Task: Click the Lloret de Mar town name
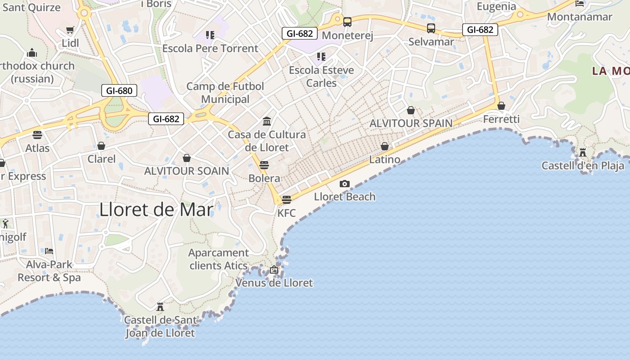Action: [156, 210]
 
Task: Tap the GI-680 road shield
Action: [119, 90]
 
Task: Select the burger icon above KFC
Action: [287, 199]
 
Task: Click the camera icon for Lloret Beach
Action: [345, 184]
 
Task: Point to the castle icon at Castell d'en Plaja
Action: [583, 152]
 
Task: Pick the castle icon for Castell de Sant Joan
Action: [160, 307]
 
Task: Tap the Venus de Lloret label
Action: [274, 283]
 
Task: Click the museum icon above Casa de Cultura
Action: [267, 121]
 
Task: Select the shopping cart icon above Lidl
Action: [70, 30]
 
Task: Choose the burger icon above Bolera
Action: [264, 165]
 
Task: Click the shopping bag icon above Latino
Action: [385, 146]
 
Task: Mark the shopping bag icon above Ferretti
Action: [501, 106]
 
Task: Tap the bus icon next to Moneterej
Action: [347, 22]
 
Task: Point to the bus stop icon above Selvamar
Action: [431, 28]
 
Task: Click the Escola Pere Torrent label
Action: [210, 48]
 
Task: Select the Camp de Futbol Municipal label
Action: [225, 93]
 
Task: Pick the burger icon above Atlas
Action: [37, 135]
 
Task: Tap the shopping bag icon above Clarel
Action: [101, 146]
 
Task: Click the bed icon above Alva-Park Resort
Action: [49, 251]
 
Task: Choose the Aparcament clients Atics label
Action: [218, 259]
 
